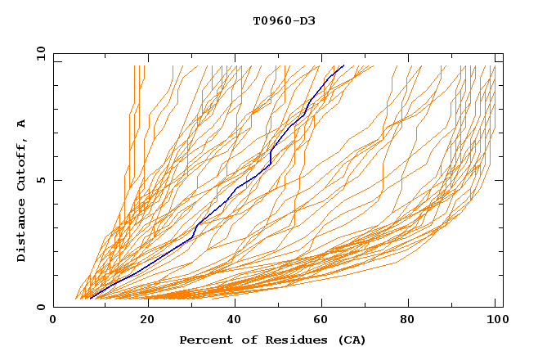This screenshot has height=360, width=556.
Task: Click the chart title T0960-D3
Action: [284, 20]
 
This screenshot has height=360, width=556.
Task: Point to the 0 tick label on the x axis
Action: [53, 321]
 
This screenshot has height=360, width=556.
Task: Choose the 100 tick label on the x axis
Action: [495, 321]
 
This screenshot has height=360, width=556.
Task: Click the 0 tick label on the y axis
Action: [40, 307]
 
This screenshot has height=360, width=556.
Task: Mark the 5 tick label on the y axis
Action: [40, 180]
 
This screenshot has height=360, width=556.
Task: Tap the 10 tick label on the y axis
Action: [38, 53]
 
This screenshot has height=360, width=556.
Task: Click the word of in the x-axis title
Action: [241, 340]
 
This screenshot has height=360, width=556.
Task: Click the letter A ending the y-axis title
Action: [21, 123]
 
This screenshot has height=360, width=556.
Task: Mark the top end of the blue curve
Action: [343, 65]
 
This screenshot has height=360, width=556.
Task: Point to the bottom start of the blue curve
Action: [91, 298]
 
